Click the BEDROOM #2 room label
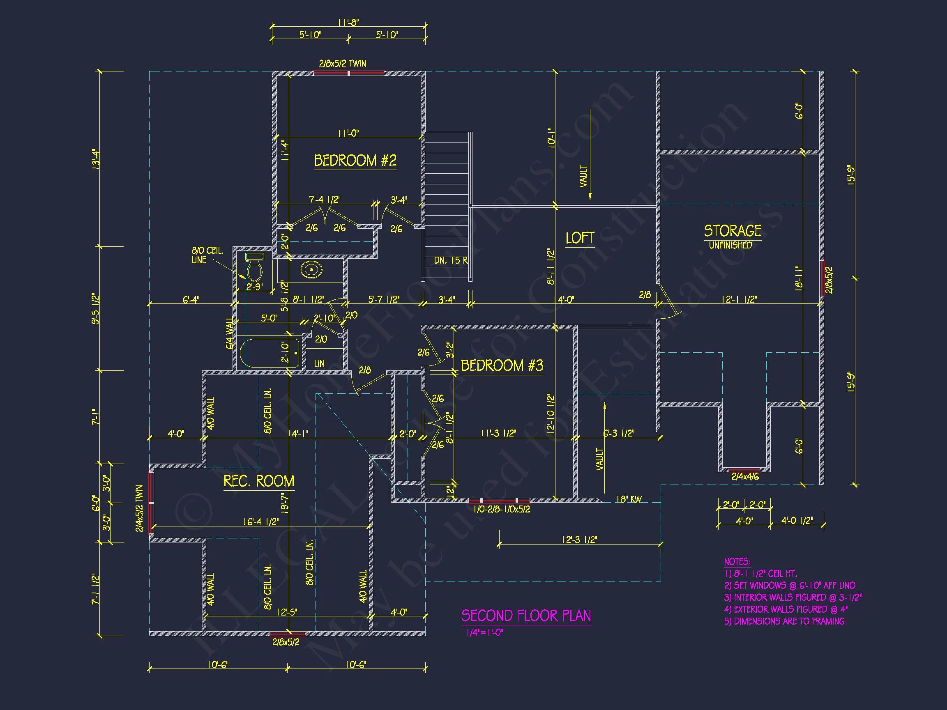coord(355,161)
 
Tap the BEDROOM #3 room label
coord(502,365)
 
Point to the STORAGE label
coord(733,231)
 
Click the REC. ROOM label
coord(258,481)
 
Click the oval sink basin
coord(311,270)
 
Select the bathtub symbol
coord(270,353)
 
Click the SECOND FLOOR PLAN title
coord(526,616)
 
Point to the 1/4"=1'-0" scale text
coord(485,632)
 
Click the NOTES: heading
coord(737,561)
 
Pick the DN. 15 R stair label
coord(451,260)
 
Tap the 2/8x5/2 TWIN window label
coord(343,64)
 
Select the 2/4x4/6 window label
coord(745,476)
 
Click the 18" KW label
coord(629,499)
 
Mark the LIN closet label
coord(319,363)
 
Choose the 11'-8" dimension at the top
coord(348,23)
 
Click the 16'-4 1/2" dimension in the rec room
coord(261,522)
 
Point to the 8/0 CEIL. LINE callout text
coord(207,255)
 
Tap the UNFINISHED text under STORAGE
coord(730,245)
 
